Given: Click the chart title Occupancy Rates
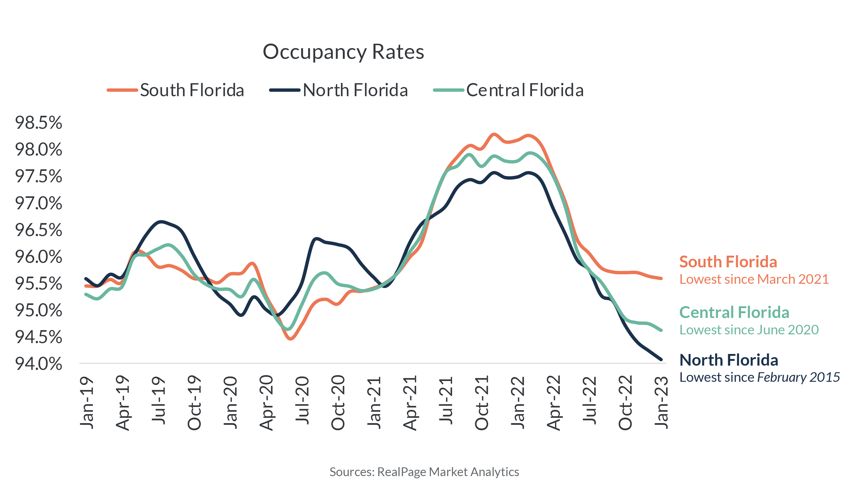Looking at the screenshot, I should pos(343,52).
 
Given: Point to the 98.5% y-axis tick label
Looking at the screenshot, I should pos(38,123).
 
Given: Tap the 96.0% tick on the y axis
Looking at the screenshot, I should pos(38,257).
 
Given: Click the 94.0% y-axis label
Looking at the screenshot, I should pos(38,364).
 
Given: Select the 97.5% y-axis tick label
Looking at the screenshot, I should pos(38,176).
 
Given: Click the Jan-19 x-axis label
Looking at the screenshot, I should pos(87,402).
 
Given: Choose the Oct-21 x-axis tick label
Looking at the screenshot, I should pos(482,402).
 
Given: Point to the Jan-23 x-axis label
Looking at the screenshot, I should pos(661,402).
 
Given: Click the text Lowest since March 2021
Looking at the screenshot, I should pos(754,279).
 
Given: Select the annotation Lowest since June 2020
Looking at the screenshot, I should pos(749,330).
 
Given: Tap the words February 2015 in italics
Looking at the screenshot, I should pos(798,377).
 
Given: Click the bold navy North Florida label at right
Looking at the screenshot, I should pos(728,360).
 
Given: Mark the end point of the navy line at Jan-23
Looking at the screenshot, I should pos(661,359).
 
